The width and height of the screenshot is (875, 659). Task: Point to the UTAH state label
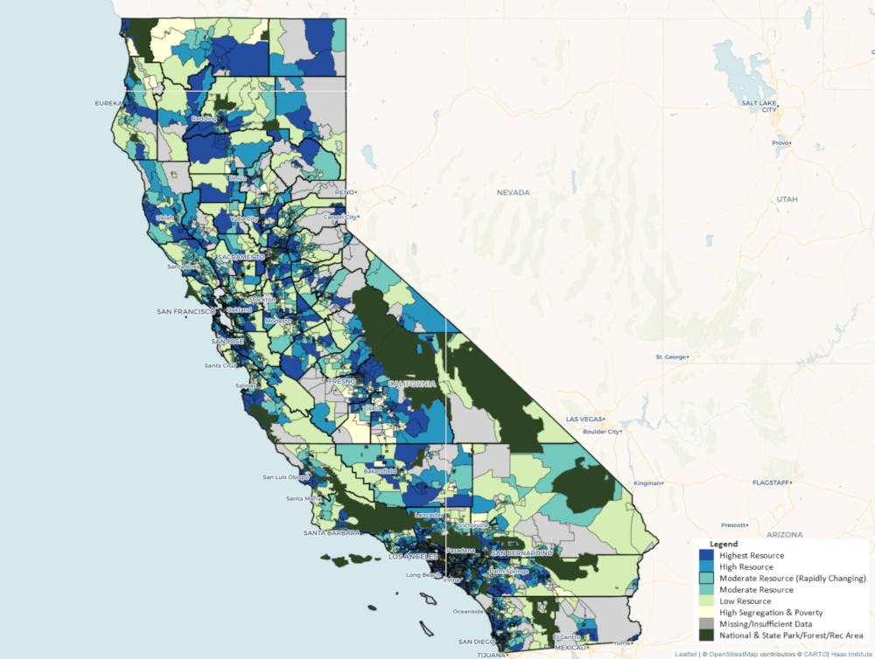(786, 199)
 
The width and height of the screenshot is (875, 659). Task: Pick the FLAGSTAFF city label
(772, 482)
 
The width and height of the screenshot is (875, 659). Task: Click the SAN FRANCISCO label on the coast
(185, 311)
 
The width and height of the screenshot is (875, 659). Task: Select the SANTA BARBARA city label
(332, 532)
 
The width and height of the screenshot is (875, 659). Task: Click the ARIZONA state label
(784, 532)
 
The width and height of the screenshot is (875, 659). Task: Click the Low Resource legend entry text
(745, 601)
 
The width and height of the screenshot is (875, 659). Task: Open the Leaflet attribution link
(686, 654)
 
